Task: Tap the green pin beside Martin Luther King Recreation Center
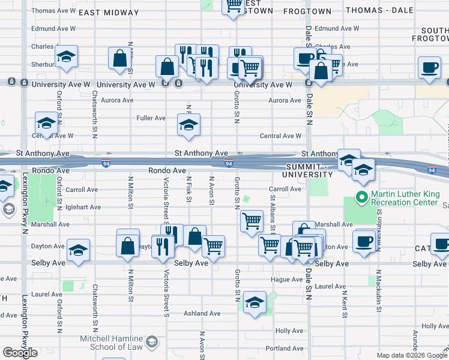[362, 196]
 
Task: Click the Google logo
[20, 353]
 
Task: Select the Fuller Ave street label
[151, 118]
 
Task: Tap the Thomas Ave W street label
[53, 11]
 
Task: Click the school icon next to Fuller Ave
[188, 125]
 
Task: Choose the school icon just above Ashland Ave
[255, 302]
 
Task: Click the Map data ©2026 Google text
[411, 355]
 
